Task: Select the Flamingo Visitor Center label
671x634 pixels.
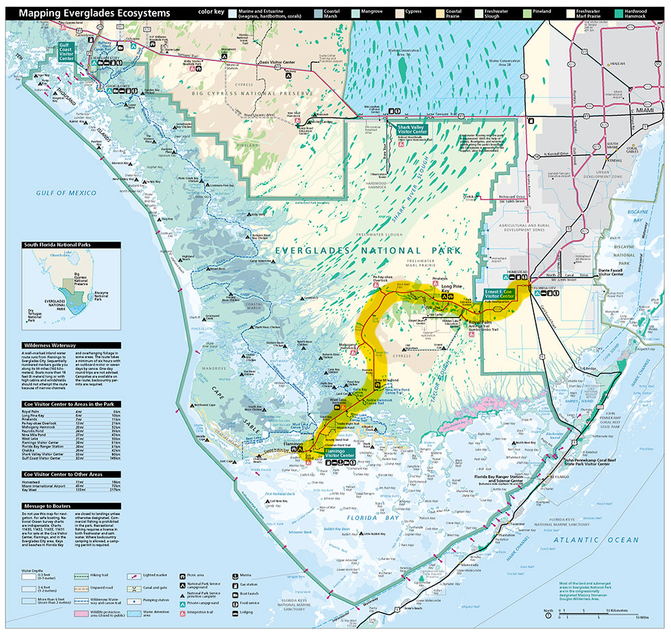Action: pyautogui.click(x=340, y=452)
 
